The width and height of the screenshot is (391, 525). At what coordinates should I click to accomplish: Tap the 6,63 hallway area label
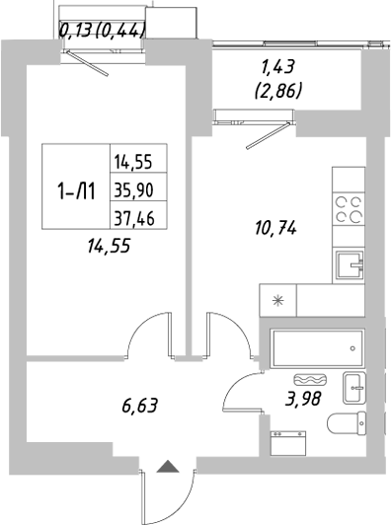(139, 404)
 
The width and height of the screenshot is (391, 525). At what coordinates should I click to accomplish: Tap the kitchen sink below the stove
(348, 264)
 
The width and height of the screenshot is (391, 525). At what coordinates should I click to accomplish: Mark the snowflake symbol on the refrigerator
(277, 301)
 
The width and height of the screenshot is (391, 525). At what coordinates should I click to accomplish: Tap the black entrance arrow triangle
(168, 467)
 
